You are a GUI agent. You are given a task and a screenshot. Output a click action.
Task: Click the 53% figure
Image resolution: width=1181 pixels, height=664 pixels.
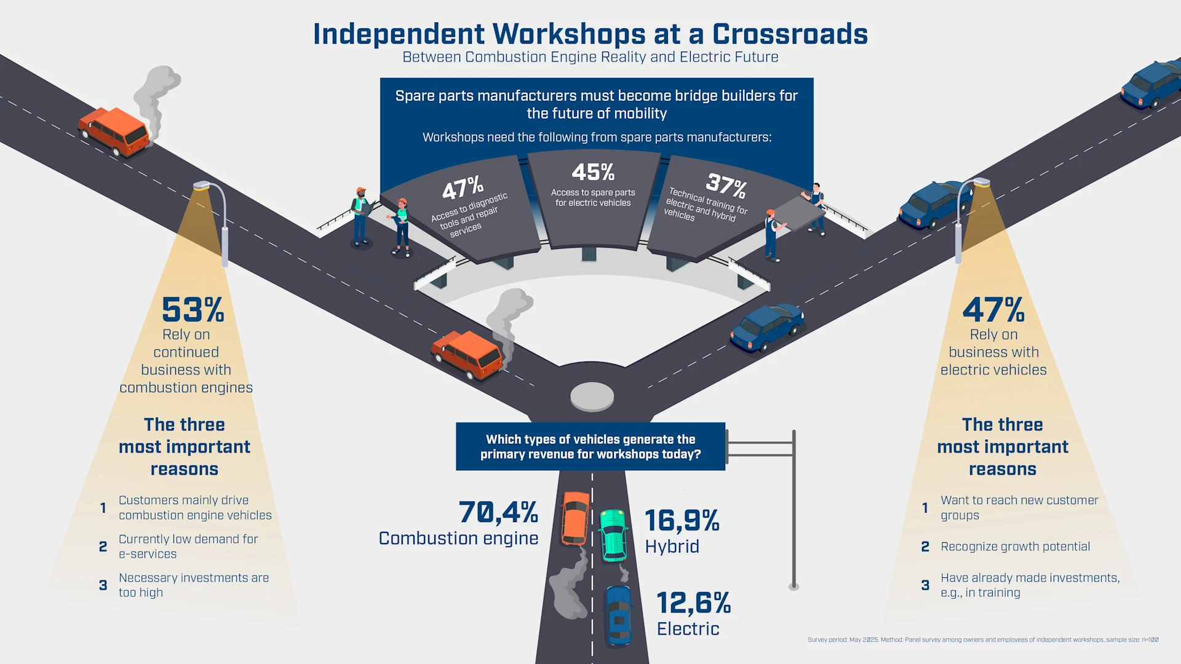click(x=193, y=310)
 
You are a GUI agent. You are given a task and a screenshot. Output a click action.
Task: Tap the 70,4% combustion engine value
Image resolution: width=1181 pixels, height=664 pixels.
click(x=498, y=512)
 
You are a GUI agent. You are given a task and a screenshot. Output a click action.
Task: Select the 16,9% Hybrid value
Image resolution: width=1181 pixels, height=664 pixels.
click(x=682, y=521)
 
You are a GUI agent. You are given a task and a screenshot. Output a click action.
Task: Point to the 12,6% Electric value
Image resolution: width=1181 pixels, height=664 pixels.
click(x=693, y=603)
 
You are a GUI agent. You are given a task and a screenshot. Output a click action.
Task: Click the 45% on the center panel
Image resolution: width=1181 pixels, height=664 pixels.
click(x=593, y=172)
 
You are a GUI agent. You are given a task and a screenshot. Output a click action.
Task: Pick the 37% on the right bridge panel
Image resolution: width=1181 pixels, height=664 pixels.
click(x=726, y=184)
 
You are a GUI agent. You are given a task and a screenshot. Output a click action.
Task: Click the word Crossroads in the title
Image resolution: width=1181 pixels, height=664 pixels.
click(x=790, y=34)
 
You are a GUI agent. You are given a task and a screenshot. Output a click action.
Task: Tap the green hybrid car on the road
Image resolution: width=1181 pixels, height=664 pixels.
click(x=613, y=535)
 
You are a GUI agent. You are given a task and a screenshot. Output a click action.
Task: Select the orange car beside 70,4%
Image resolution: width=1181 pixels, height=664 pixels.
click(x=575, y=519)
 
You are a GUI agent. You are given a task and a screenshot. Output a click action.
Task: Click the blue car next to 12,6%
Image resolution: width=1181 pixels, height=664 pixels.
click(x=619, y=615)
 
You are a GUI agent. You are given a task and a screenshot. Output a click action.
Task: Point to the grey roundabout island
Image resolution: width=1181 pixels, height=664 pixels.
click(x=592, y=396)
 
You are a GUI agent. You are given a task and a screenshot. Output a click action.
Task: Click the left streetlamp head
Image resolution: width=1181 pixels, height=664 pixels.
click(x=202, y=185)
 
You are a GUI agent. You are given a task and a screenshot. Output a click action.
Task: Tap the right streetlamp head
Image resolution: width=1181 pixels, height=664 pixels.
click(x=981, y=182)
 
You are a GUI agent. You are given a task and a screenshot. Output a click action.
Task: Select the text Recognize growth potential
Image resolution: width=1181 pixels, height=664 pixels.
click(x=1015, y=547)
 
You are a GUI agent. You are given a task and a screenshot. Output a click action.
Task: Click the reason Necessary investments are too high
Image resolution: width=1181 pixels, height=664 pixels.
click(x=193, y=585)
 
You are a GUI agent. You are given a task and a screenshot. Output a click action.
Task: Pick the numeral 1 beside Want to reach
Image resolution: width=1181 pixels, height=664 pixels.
click(x=925, y=508)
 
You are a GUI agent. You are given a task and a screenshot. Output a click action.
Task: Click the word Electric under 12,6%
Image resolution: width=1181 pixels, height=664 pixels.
click(x=688, y=629)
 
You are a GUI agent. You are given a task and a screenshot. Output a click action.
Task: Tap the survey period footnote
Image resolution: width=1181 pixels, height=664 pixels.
click(x=983, y=640)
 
